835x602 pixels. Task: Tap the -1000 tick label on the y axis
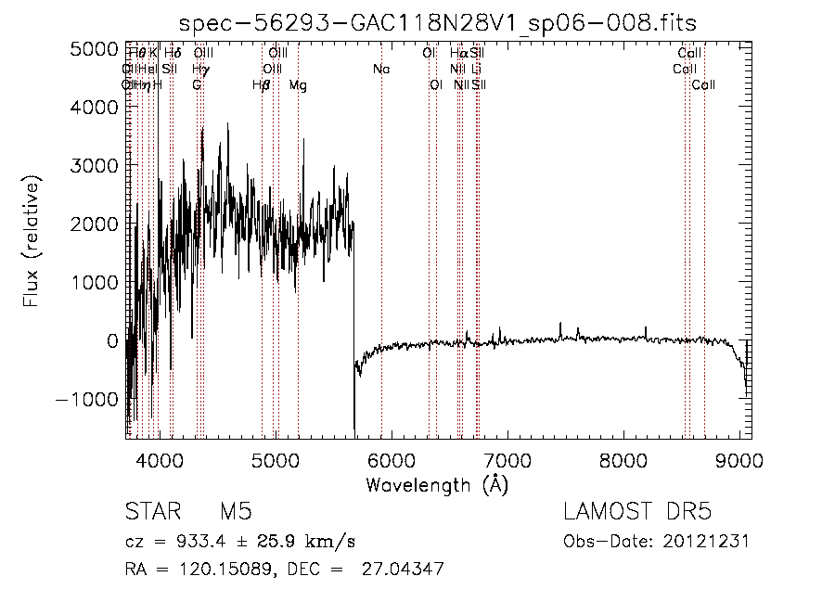pos(86,398)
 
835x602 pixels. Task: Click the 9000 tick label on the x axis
pos(739,460)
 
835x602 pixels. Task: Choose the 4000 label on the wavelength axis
pos(160,460)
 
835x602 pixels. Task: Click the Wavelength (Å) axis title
pos(437,484)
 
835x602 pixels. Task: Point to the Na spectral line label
pos(381,70)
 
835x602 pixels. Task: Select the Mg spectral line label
pos(298,85)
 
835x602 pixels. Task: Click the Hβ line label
pos(262,85)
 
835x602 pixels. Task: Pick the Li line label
pos(476,70)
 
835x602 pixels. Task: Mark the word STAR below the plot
pos(150,513)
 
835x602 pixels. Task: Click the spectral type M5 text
pos(236,513)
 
